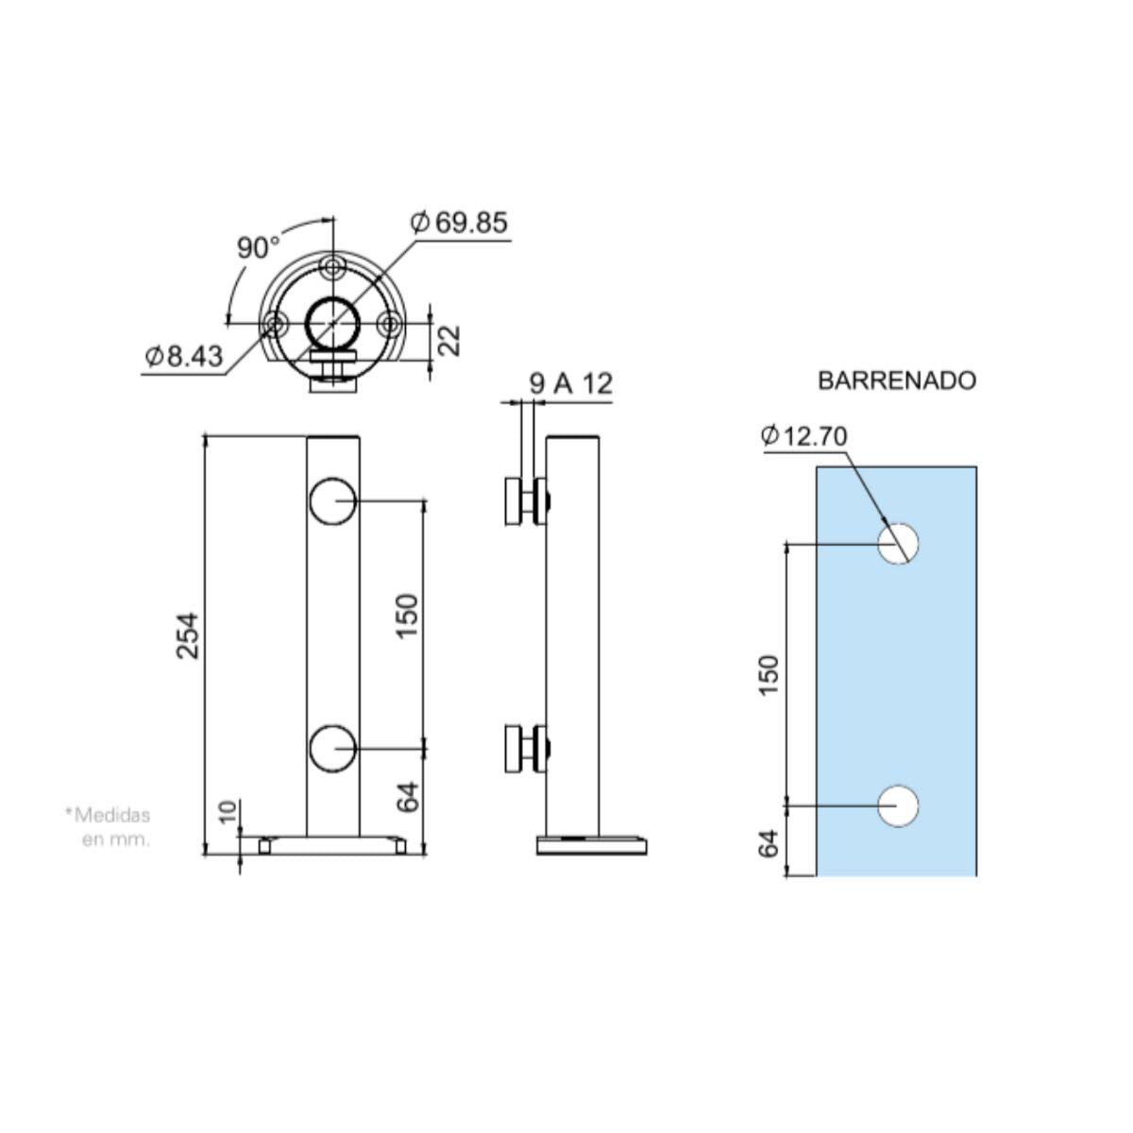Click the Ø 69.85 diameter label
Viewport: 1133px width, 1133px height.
click(x=460, y=223)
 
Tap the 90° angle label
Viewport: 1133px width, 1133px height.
click(x=258, y=248)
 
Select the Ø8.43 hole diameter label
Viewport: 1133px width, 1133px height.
click(x=184, y=356)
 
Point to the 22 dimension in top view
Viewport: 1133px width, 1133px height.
click(x=450, y=340)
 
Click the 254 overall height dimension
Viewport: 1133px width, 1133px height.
click(x=188, y=636)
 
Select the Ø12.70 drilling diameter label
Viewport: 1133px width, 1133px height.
click(x=803, y=435)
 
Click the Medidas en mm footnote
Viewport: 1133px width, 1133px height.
click(x=110, y=827)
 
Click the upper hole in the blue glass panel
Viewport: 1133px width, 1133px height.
click(x=898, y=543)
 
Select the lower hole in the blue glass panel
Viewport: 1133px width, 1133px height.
click(x=898, y=805)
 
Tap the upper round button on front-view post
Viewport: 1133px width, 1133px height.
click(x=331, y=501)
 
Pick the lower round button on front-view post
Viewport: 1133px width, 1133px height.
click(x=331, y=747)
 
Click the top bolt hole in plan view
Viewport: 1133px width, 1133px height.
click(x=331, y=267)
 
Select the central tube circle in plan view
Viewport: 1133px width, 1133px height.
click(x=331, y=323)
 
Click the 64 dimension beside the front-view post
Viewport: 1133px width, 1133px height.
click(x=407, y=799)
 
